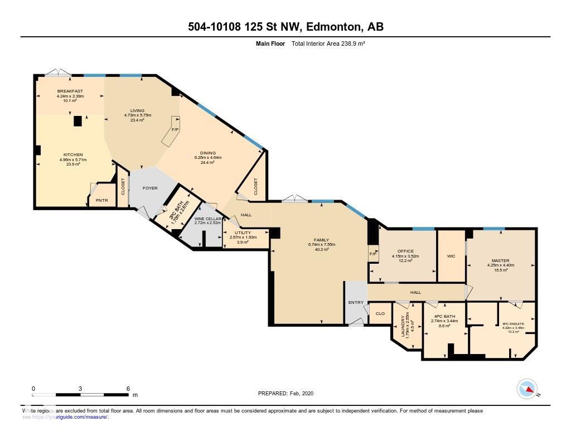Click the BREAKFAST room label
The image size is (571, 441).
pos(70,91)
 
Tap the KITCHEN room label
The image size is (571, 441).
pos(72,154)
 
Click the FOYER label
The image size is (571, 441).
pos(150,188)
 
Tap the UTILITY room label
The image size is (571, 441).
pos(243,232)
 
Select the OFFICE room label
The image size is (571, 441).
pos(405,251)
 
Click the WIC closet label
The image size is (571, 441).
pos(451,256)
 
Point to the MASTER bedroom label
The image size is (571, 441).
pos(500,260)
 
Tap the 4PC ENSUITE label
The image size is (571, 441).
pos(512,323)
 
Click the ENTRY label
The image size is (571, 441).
pos(356,303)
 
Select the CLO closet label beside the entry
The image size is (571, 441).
pos(380,314)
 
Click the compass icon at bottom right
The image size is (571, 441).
pos(526,389)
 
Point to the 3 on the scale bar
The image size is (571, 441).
pos(81,389)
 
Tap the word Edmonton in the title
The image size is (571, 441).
pos(332,27)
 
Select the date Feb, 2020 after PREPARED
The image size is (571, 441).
pos(302,393)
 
